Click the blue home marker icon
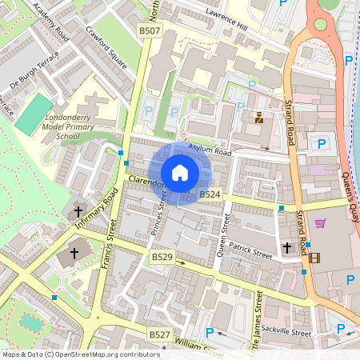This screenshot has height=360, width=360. click(180, 173)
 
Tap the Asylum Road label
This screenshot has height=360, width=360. click(210, 150)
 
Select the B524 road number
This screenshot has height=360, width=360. click(210, 194)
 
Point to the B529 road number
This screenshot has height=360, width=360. click(162, 257)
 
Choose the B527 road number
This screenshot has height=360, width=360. click(160, 333)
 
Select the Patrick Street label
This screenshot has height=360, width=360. click(250, 250)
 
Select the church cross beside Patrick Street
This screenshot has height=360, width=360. click(286, 249)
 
